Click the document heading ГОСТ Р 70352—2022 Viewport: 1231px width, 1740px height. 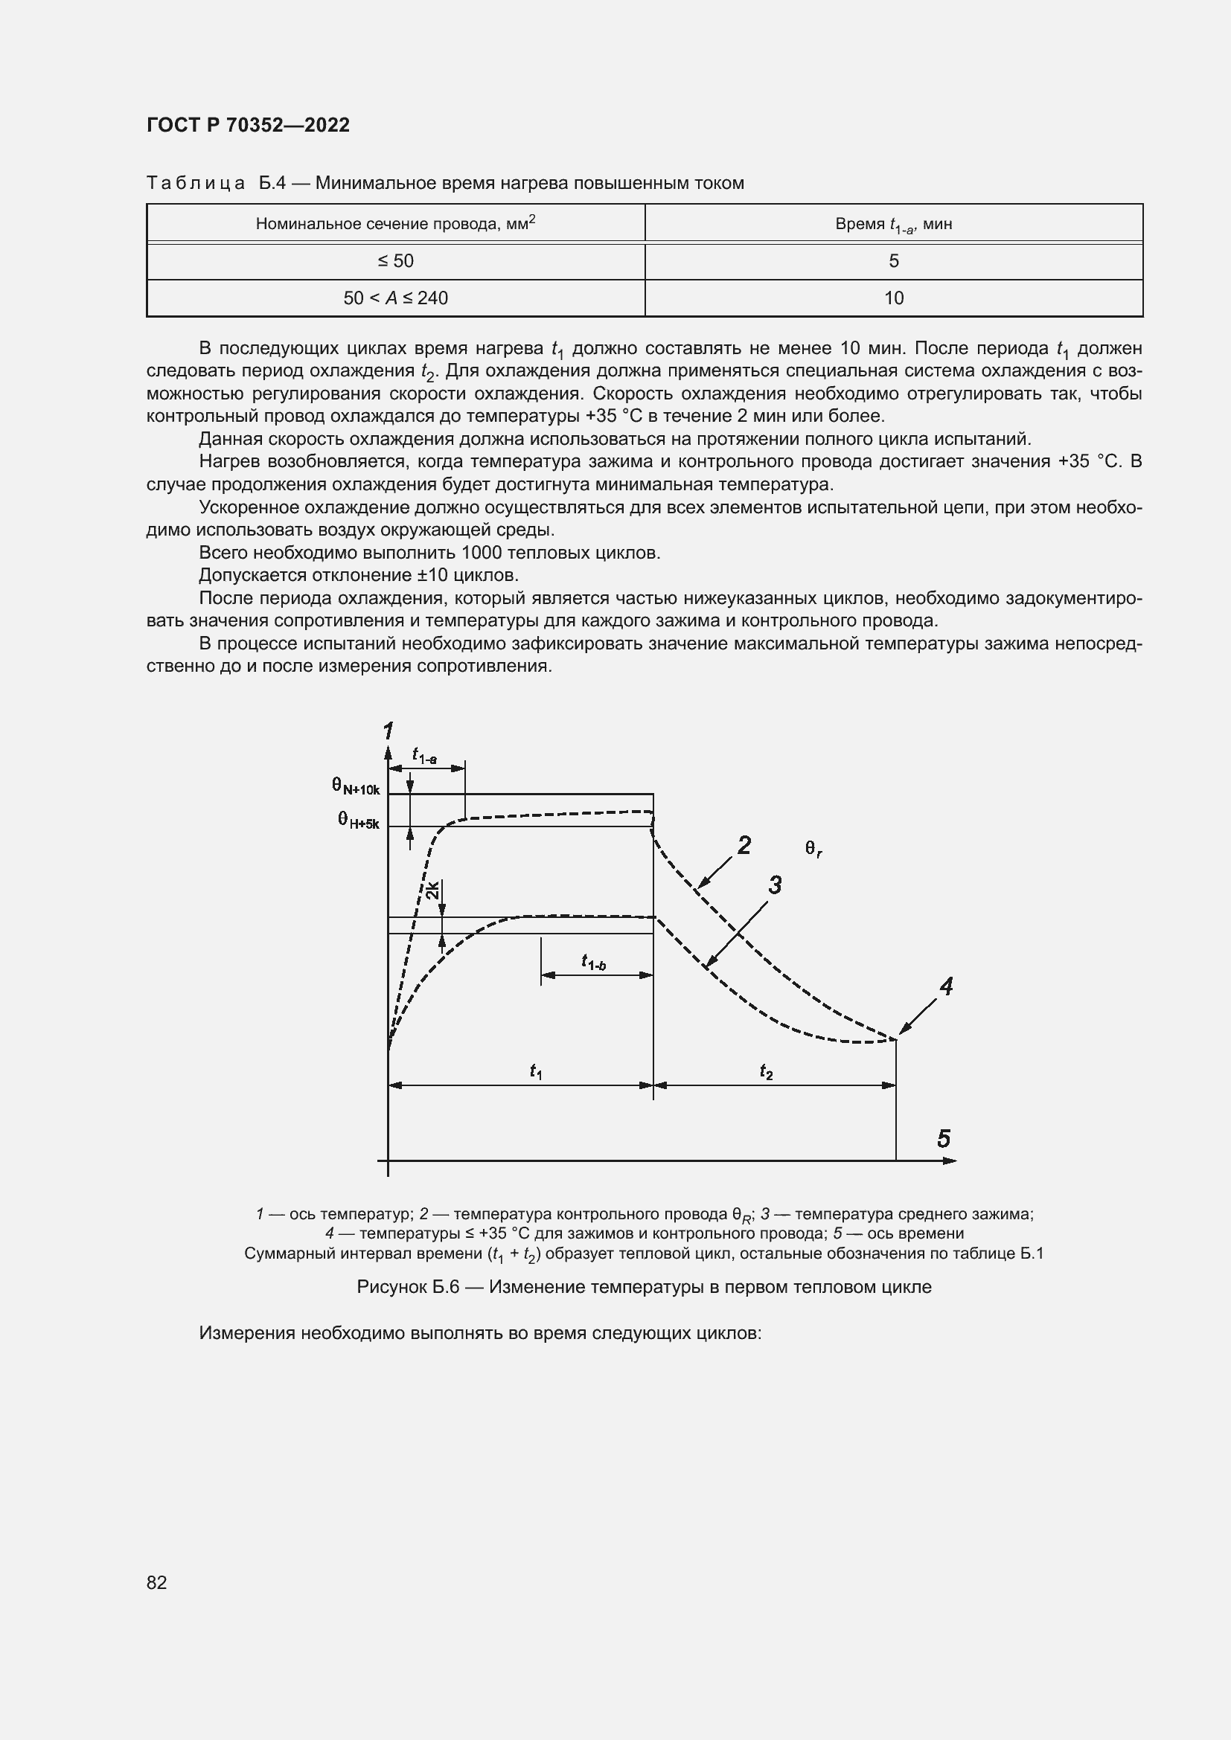pos(248,125)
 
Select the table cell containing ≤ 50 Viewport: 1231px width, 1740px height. pos(395,260)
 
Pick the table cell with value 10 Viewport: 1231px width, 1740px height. pos(894,298)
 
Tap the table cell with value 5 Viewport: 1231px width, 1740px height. pos(894,260)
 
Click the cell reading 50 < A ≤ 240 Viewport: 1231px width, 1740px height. pos(395,298)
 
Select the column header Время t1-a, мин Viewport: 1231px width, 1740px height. pos(894,225)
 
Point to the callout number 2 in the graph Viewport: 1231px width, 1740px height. pos(744,845)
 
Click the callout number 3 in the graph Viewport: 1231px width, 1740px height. pos(775,885)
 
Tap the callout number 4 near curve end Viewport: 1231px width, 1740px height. pos(946,986)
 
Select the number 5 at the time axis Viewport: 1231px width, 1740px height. pos(944,1139)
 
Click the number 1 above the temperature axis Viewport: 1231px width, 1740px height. pos(388,731)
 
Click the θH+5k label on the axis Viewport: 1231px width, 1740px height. pos(358,820)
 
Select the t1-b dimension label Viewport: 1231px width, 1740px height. pos(592,962)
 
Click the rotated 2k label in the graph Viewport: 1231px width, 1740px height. pos(432,890)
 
